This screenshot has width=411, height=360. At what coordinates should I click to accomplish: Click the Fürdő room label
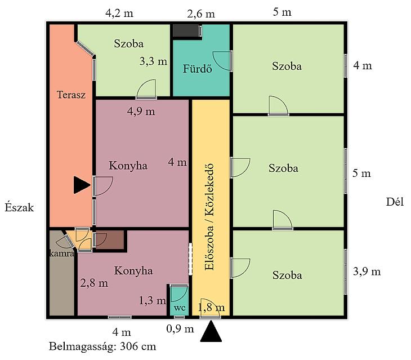198,69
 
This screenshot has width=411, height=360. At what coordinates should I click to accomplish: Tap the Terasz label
71,95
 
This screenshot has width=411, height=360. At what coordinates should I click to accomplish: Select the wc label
180,308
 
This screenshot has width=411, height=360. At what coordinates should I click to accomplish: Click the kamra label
62,254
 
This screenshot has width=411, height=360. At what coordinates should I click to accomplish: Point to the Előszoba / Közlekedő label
209,217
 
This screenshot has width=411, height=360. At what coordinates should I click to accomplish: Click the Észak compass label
19,207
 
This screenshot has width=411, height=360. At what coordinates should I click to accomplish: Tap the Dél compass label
395,202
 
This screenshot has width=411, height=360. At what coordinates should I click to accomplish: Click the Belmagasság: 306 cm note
102,346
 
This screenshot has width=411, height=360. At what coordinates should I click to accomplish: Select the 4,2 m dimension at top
119,13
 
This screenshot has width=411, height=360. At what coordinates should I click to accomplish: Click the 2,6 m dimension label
201,14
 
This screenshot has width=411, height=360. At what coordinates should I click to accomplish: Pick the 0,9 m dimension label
180,328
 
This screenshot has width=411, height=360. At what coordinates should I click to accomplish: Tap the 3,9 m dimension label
367,271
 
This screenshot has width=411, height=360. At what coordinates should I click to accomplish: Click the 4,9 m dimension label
141,111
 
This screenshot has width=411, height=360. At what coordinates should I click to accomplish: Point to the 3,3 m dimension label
153,61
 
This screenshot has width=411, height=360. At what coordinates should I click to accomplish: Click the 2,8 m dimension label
94,283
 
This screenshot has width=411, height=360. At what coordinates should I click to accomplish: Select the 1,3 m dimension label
152,300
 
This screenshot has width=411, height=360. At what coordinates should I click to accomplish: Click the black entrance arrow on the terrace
81,185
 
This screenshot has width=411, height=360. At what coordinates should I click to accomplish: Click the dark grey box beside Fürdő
186,30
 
